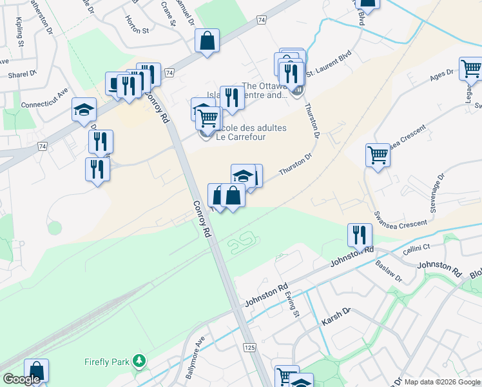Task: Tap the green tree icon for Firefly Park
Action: coord(137,361)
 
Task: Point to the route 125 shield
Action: coord(249,348)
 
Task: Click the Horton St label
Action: coord(137,30)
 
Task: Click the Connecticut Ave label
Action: coord(44,97)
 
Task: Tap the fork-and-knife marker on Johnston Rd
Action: coord(359,235)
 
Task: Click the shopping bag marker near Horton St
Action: coord(208,40)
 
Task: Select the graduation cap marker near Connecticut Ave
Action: coord(84,109)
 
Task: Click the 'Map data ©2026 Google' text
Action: coord(442,382)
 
